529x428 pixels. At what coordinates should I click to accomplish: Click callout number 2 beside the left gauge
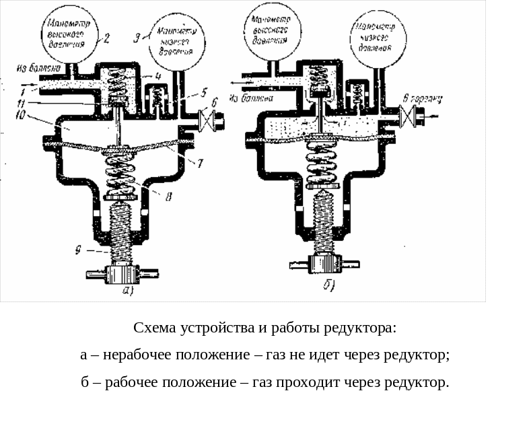click(107, 39)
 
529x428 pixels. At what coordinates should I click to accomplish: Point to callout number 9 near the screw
click(79, 252)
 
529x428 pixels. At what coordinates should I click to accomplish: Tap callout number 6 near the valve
click(214, 102)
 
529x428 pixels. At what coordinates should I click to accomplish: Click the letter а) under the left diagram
click(128, 291)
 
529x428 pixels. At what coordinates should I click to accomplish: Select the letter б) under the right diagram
click(329, 285)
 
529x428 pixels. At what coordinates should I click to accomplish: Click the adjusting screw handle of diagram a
click(121, 275)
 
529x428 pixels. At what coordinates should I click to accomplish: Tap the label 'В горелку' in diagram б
click(421, 100)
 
